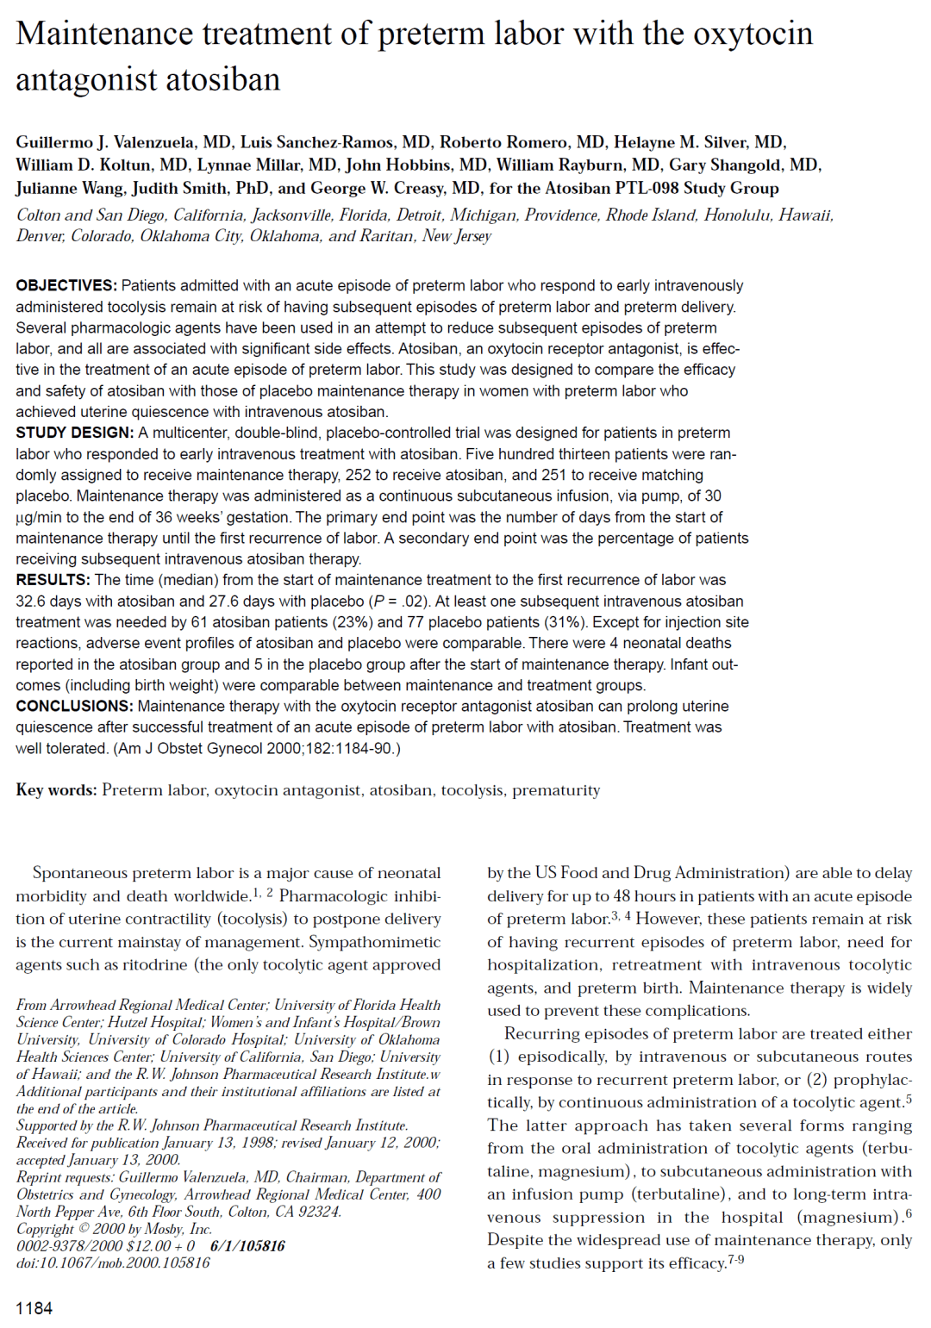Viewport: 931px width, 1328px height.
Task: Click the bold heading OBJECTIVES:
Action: click(66, 286)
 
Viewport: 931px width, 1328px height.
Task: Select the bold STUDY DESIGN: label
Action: click(74, 433)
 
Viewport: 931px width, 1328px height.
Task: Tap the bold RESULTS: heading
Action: click(53, 580)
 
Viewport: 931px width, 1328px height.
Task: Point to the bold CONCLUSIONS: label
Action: click(74, 707)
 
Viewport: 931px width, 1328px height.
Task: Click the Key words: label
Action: click(56, 790)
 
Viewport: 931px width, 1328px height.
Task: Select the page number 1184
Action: click(34, 1308)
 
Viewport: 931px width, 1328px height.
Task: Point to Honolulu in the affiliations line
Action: click(737, 215)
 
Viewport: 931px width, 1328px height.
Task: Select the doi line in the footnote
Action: click(113, 1263)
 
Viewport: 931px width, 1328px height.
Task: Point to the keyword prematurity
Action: click(556, 790)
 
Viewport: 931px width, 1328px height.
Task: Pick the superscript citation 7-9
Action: click(735, 1260)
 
